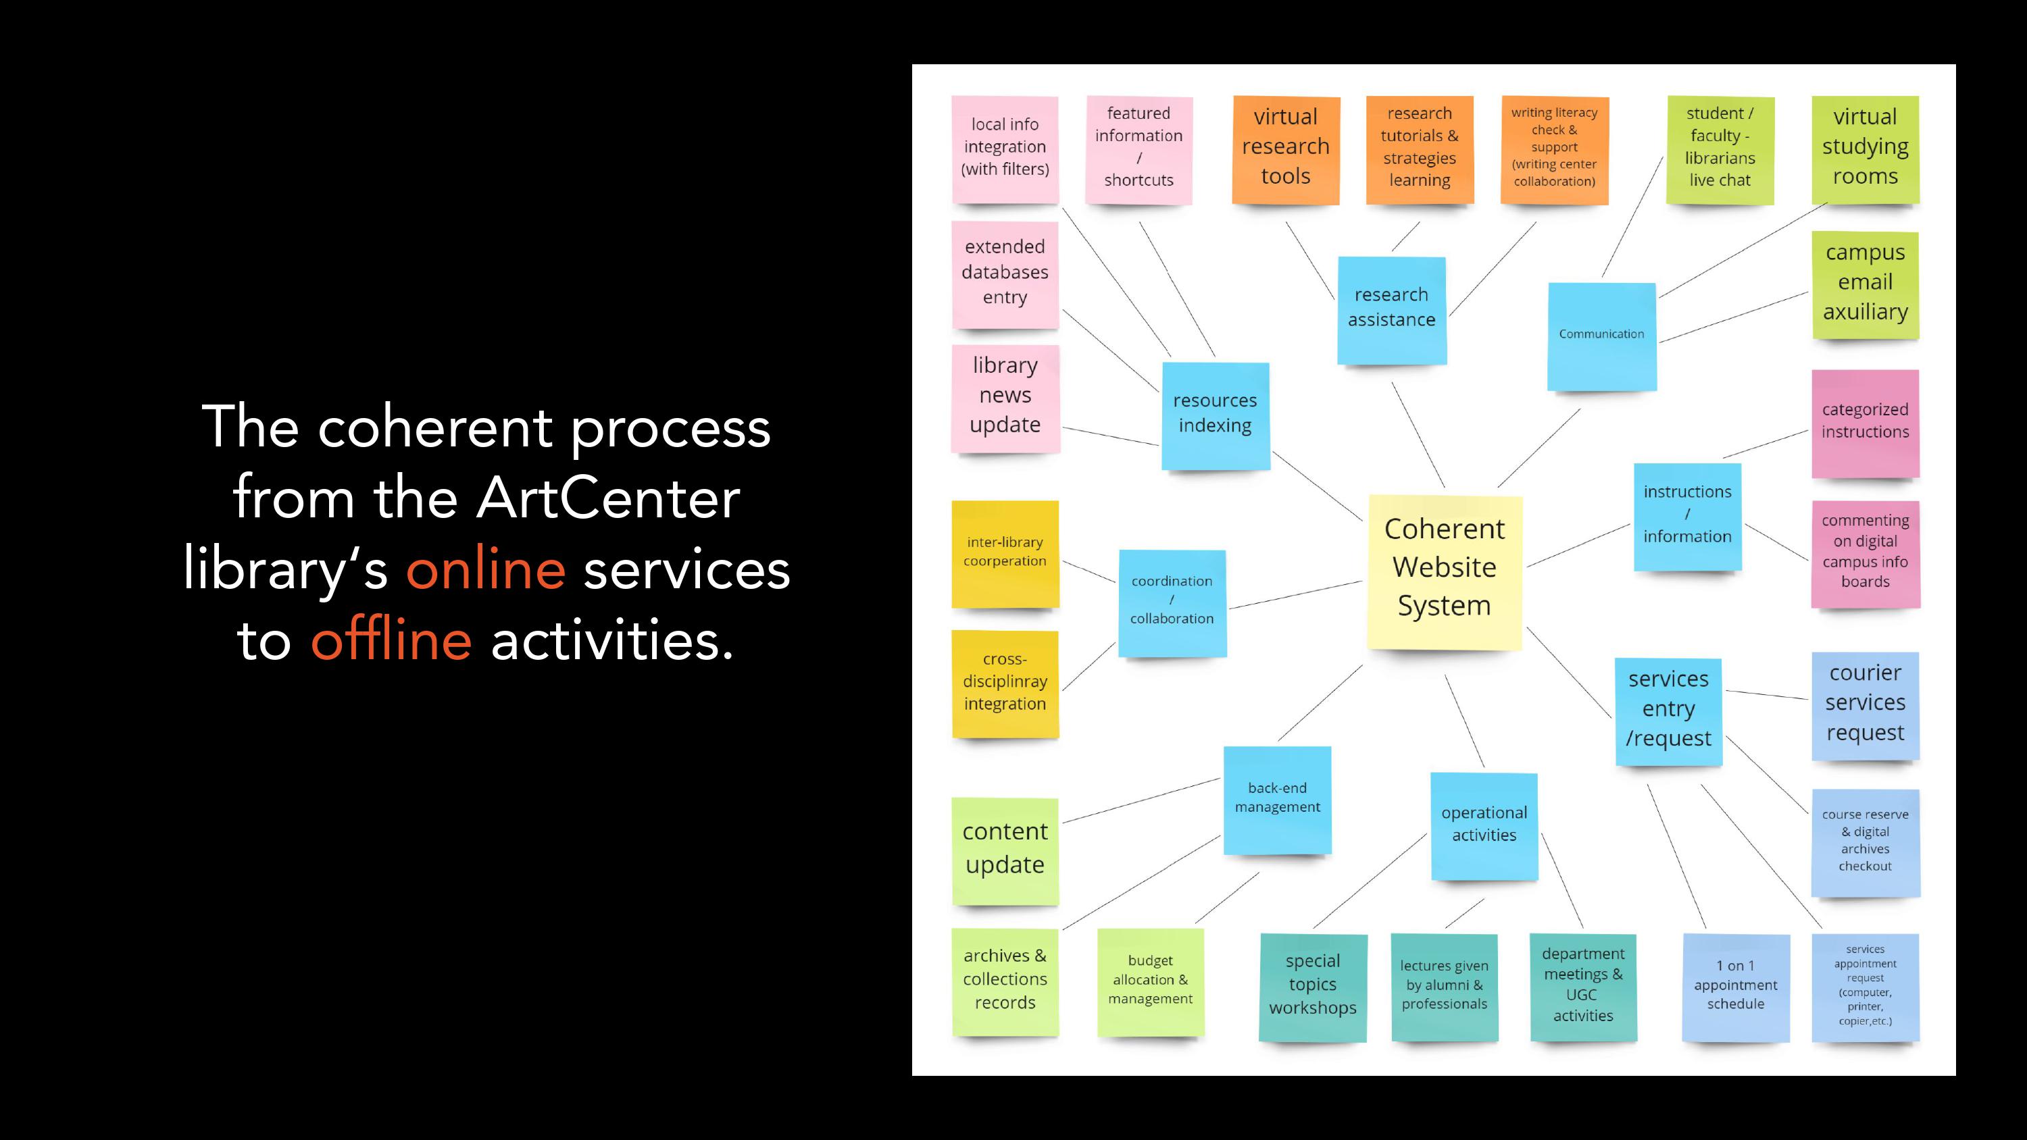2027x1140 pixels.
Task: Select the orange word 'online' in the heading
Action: (x=486, y=569)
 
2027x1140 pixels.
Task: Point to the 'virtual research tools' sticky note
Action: (x=1285, y=149)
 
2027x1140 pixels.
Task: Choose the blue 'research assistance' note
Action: (x=1391, y=309)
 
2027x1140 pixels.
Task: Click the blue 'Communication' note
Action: (x=1601, y=335)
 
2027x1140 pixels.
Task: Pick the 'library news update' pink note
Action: (x=1005, y=397)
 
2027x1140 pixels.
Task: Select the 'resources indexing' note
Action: (x=1215, y=415)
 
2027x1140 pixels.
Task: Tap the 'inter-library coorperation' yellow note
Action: (x=1005, y=553)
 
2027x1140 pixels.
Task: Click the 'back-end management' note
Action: (x=1277, y=798)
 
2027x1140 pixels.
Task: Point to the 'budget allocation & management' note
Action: (x=1151, y=981)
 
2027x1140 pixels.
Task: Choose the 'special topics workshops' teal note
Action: (x=1313, y=986)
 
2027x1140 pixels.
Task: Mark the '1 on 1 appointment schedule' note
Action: (x=1735, y=986)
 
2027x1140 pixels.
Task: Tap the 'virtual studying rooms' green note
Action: (x=1865, y=149)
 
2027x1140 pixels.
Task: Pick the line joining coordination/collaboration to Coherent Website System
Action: (x=1295, y=595)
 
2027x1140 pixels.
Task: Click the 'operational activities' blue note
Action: (x=1483, y=825)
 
